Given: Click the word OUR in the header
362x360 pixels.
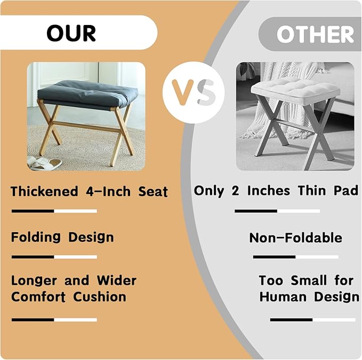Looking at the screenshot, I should [71, 33].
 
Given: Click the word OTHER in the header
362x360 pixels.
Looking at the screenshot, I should [315, 35].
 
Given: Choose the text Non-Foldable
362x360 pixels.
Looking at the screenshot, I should [295, 238].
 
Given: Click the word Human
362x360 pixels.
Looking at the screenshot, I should [284, 297].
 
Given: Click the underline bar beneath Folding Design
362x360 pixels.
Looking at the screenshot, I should [54, 257].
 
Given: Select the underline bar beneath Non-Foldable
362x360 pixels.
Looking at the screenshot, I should [295, 257].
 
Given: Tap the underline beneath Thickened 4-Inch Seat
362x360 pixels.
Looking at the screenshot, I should [54, 211].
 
